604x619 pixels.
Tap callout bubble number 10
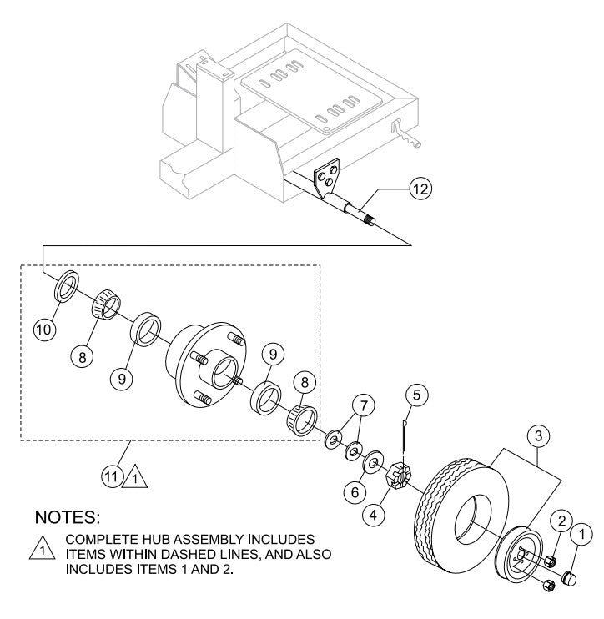[x=46, y=330]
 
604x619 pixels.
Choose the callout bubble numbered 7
[x=360, y=405]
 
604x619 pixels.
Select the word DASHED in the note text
[x=204, y=552]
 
